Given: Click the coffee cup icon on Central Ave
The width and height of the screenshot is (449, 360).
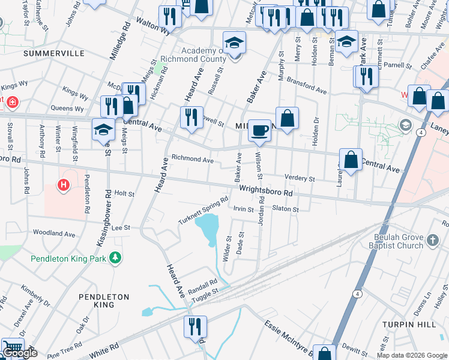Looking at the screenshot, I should point(259,130).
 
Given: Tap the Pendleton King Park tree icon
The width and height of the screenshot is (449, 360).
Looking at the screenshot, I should point(115,259).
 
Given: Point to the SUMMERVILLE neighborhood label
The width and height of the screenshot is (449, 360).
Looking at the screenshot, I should point(54,53).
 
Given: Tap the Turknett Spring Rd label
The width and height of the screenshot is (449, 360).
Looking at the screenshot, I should point(203,211).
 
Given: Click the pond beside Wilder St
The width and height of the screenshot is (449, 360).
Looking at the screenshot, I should point(208,229).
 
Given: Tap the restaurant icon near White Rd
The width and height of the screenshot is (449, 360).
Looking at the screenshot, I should point(195,328).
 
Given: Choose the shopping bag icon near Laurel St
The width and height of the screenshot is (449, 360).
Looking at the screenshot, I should point(351,160).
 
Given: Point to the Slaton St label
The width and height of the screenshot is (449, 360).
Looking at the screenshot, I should point(285,209).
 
